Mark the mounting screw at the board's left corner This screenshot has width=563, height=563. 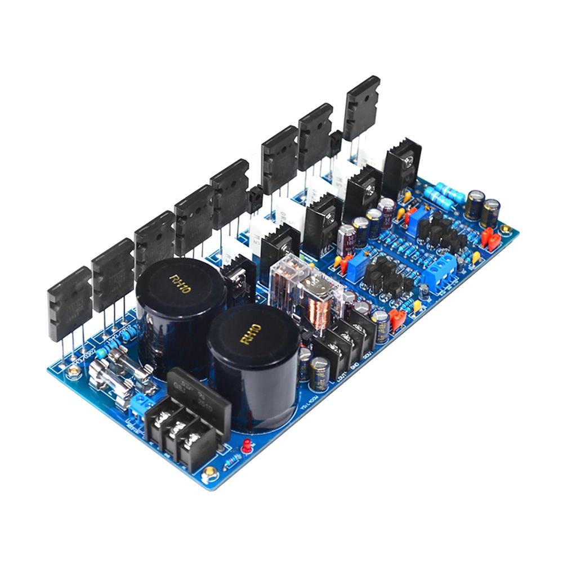72,372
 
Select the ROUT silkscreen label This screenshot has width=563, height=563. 367,357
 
